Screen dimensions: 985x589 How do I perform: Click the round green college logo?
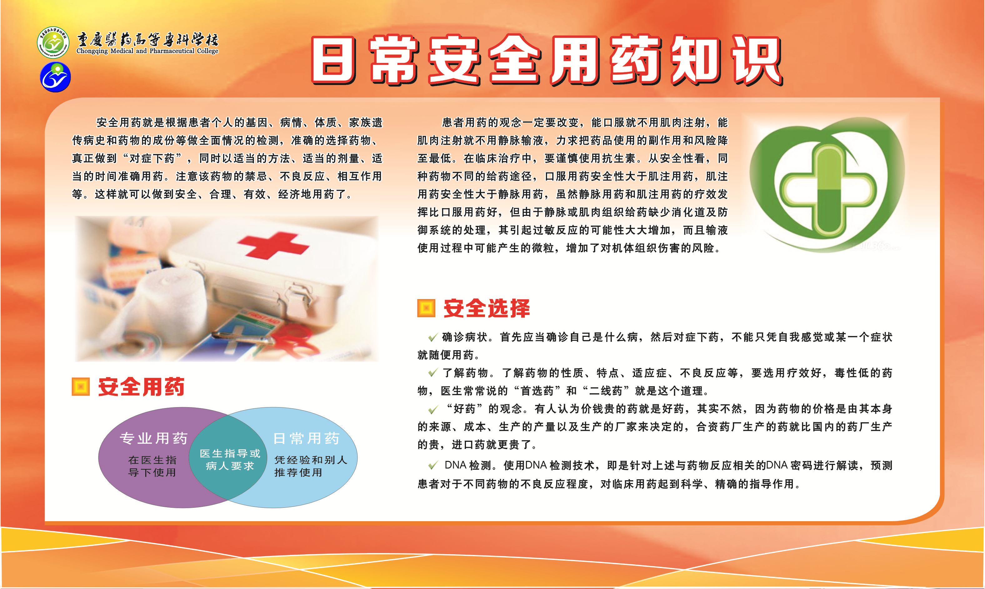point(53,42)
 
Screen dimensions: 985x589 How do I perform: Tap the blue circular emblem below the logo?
point(56,77)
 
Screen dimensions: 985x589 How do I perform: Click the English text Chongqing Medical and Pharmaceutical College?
point(147,51)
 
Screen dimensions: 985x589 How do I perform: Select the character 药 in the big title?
point(636,60)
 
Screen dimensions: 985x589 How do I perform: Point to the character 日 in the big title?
point(333,60)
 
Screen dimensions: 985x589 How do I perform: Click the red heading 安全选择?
point(487,308)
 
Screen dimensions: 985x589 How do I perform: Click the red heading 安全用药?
point(141,387)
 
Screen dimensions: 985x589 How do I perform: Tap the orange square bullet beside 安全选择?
point(426,308)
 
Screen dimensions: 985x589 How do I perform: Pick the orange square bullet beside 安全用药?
point(80,387)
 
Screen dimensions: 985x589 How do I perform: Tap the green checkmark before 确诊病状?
point(432,337)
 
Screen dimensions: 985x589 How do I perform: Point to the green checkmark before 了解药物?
point(432,373)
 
